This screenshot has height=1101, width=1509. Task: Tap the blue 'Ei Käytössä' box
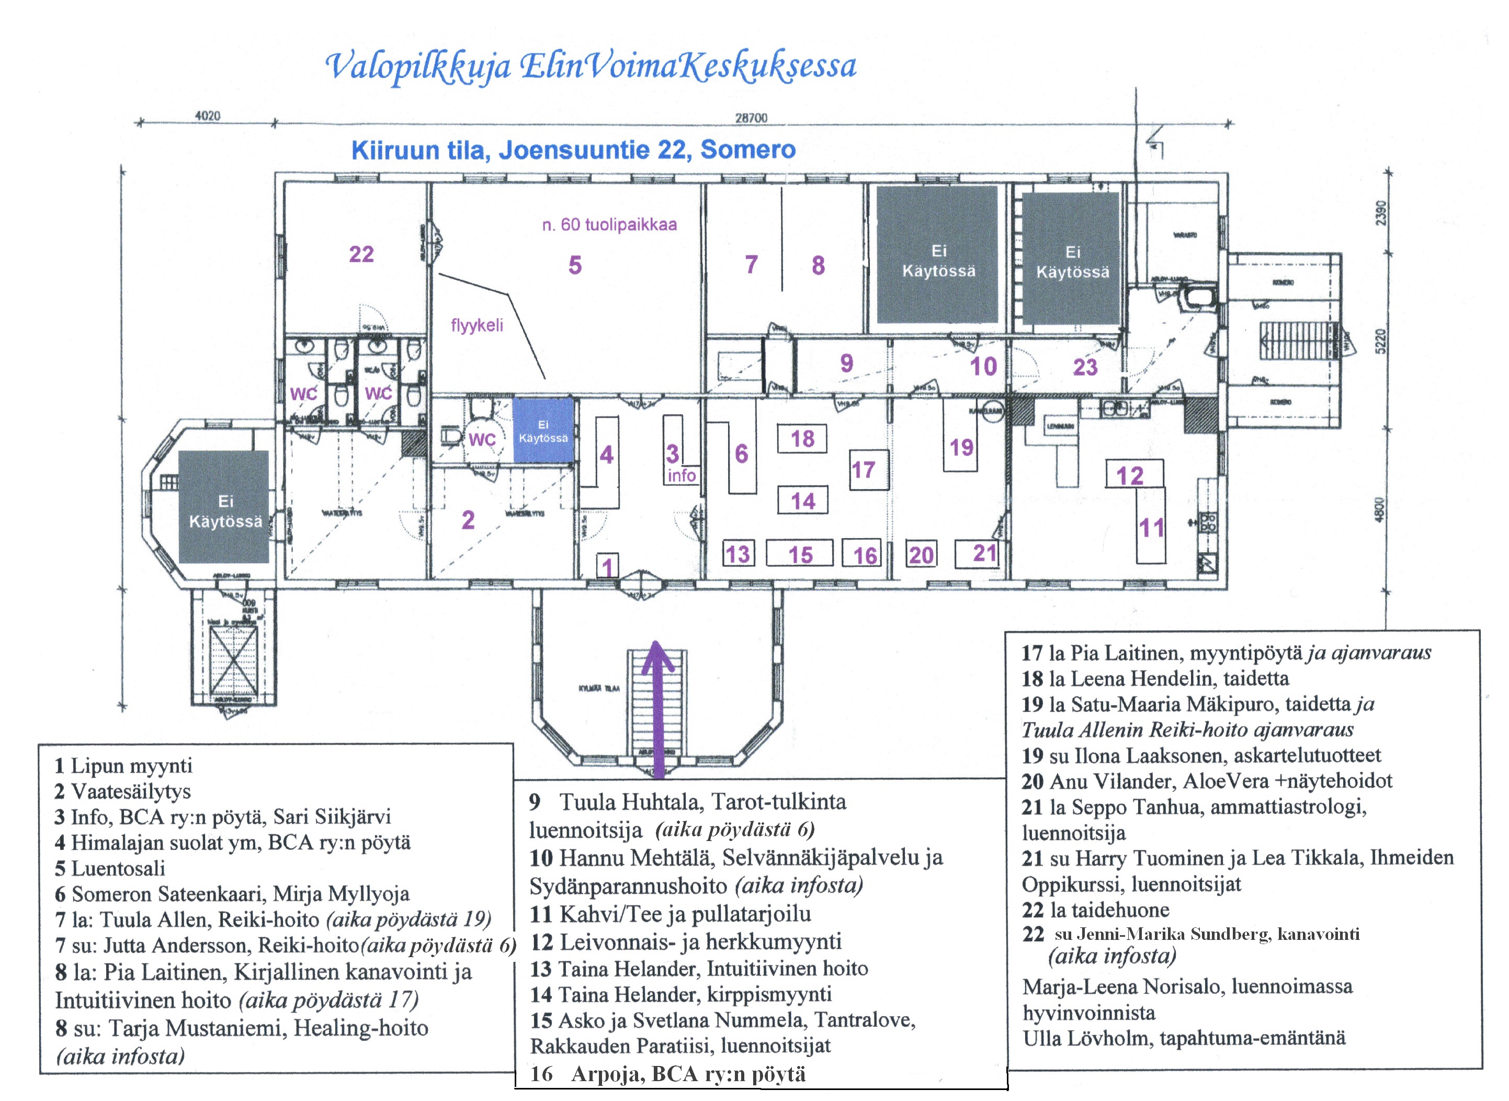coord(543,430)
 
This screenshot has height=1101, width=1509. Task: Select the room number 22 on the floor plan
coord(361,254)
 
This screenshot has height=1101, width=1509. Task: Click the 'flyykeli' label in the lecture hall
coord(476,325)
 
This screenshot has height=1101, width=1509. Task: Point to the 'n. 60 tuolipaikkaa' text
coord(609,224)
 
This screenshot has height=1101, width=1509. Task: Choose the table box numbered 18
coord(802,438)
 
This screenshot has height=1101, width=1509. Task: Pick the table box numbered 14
coord(802,501)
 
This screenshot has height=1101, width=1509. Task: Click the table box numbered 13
coord(738,554)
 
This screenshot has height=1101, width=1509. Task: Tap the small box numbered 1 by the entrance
coord(607,566)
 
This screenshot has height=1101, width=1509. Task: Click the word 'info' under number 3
coord(681,475)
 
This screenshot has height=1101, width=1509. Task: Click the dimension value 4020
coord(207,116)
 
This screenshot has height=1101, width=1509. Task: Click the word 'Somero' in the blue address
coord(748,149)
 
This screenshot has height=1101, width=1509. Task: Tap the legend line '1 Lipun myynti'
coord(124,765)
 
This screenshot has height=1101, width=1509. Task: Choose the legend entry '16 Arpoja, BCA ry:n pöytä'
coord(668,1074)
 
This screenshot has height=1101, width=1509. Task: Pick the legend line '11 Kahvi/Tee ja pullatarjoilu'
coord(671,913)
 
